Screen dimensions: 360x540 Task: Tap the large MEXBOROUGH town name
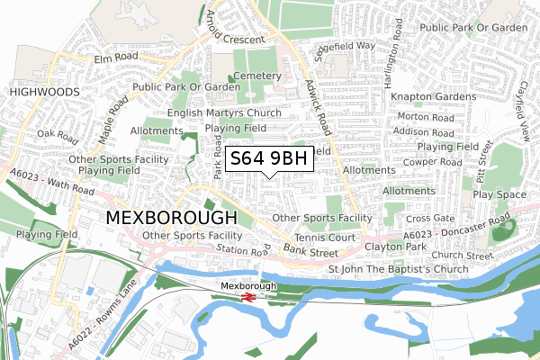pyautogui.click(x=171, y=218)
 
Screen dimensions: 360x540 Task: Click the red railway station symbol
pyautogui.click(x=247, y=295)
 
